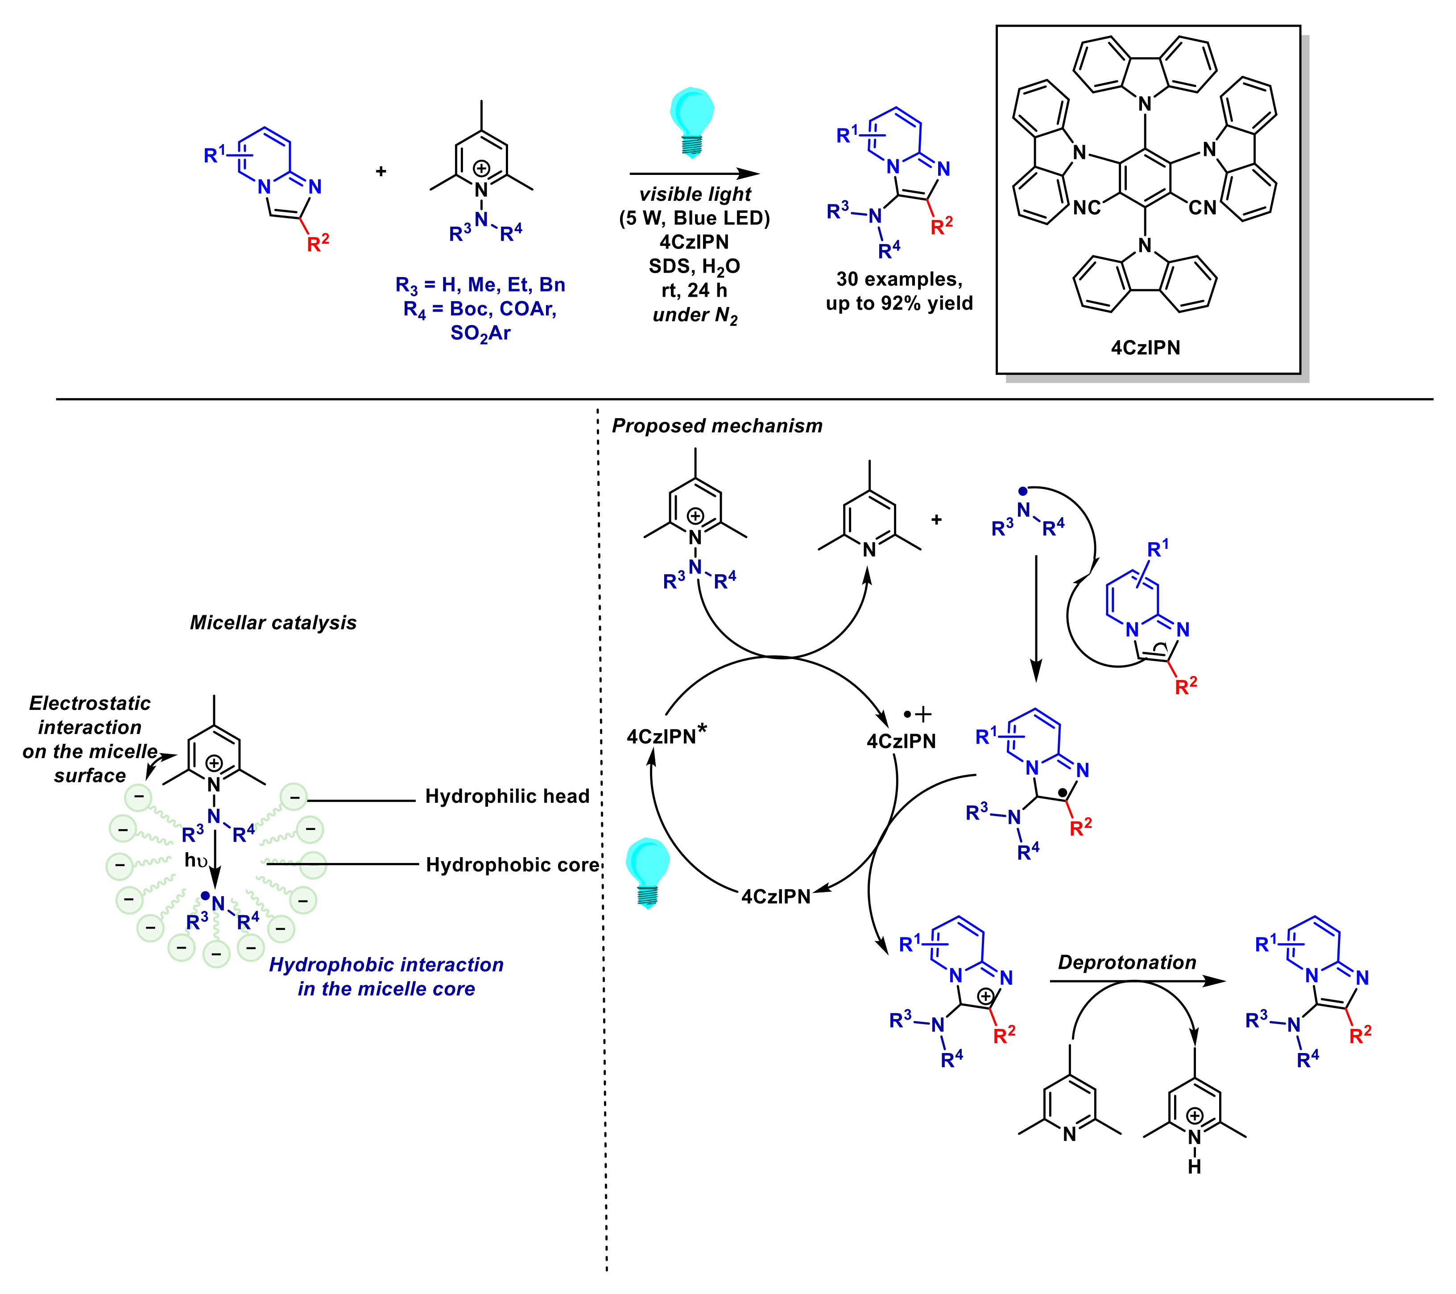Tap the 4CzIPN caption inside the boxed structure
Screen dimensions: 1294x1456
tap(1146, 348)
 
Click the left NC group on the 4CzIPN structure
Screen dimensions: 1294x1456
tap(1087, 207)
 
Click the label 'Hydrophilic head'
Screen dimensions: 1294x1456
tap(507, 796)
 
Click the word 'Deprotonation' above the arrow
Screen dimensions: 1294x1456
tap(1127, 962)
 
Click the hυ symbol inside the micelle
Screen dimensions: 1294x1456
tap(196, 861)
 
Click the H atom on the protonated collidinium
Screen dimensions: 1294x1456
tap(1195, 1166)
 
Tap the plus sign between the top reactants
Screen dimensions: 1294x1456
tap(381, 171)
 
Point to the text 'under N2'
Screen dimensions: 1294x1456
tap(695, 315)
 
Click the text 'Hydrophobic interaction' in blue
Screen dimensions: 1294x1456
tap(386, 965)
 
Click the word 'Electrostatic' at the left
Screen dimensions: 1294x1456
tap(90, 703)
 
